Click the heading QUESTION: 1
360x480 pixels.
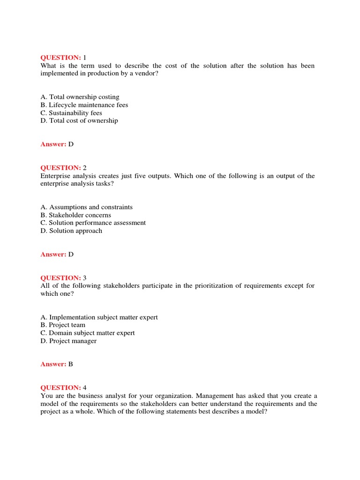coord(63,58)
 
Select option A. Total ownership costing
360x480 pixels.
coord(80,97)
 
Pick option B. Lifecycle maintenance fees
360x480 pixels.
coord(84,105)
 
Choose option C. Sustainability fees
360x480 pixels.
coord(71,113)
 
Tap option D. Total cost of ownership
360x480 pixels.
coord(79,120)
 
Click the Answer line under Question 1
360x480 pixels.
coord(57,144)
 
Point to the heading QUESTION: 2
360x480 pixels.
coord(63,168)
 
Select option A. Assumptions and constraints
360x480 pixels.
coord(86,207)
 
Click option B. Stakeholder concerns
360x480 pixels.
coord(75,215)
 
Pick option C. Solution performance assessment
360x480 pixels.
coord(93,223)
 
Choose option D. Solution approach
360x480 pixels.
coord(71,231)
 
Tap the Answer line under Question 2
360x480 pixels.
coord(57,255)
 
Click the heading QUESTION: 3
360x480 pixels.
coord(63,278)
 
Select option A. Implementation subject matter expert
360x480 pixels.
coord(99,317)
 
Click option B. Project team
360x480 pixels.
coord(63,325)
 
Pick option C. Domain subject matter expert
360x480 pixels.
coord(87,333)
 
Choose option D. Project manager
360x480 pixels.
coord(68,341)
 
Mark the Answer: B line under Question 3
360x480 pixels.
coord(57,364)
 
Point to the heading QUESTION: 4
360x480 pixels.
coord(63,388)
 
